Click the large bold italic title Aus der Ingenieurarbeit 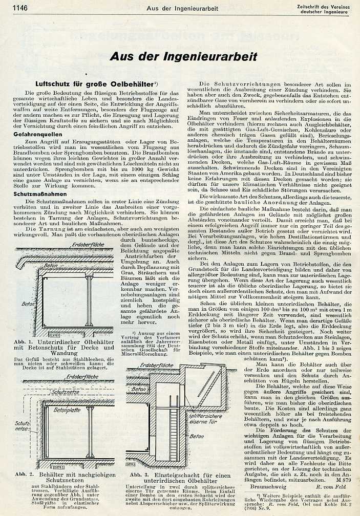[183, 57]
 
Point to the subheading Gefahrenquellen [36, 134]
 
